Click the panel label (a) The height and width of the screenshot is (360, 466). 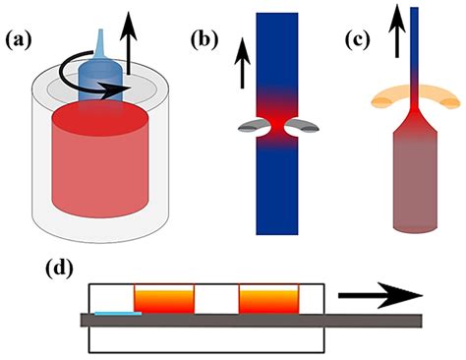pos(23,40)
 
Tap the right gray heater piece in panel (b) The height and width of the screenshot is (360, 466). pos(305,125)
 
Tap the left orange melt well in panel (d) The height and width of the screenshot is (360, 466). pos(163,299)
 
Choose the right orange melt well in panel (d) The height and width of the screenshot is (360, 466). pos(267,299)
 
